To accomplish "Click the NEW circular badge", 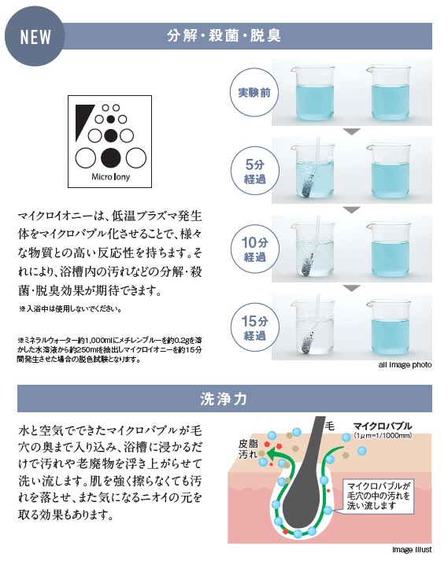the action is click(x=35, y=36).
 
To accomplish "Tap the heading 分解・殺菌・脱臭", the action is click(x=224, y=35).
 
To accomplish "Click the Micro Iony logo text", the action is click(x=111, y=177).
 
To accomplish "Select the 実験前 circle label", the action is click(x=254, y=93).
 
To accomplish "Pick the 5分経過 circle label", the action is click(x=254, y=171).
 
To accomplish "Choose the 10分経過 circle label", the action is click(x=254, y=249).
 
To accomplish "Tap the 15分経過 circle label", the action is click(x=254, y=327).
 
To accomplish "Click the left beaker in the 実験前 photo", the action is click(x=313, y=93).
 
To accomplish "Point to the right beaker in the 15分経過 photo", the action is click(x=388, y=327).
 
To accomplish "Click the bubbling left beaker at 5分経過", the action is click(x=313, y=171).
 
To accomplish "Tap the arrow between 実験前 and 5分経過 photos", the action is click(x=352, y=131).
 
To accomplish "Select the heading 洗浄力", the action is click(x=224, y=399).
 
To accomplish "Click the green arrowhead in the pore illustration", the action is click(x=274, y=454).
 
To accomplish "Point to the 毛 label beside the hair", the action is click(x=329, y=426).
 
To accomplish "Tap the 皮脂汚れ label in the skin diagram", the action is click(x=248, y=449).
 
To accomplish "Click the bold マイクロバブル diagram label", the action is click(x=383, y=426).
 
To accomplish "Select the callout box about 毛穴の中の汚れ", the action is click(x=378, y=496).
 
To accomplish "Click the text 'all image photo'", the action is click(x=405, y=365).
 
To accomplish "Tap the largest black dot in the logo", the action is click(x=111, y=157).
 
